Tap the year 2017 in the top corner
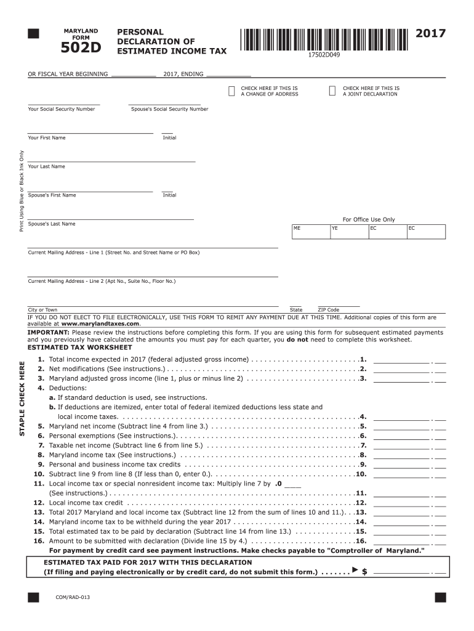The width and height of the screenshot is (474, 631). (x=430, y=33)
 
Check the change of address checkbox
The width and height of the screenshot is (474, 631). (x=231, y=91)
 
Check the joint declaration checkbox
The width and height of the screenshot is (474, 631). (x=333, y=91)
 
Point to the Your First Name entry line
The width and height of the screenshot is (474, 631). (x=90, y=132)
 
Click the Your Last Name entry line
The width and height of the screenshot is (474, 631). (x=111, y=160)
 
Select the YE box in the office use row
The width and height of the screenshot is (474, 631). (x=348, y=231)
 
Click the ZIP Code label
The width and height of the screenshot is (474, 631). (x=328, y=310)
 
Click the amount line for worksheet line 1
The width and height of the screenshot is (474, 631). (x=401, y=363)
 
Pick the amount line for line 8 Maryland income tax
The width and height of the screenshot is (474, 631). (x=401, y=458)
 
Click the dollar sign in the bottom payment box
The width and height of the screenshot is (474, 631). (x=365, y=572)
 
